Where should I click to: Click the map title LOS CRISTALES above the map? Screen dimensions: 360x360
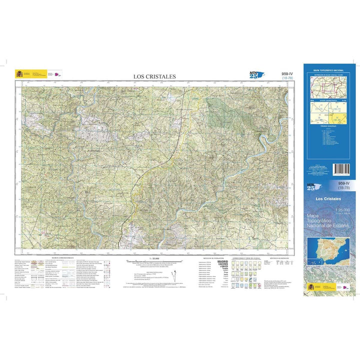tap(154, 76)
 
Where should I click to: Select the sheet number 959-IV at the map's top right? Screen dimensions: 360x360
tap(287, 74)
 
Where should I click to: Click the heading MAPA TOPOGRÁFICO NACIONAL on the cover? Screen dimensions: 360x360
tap(326, 71)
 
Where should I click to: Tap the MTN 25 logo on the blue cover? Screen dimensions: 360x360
tap(312, 186)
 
